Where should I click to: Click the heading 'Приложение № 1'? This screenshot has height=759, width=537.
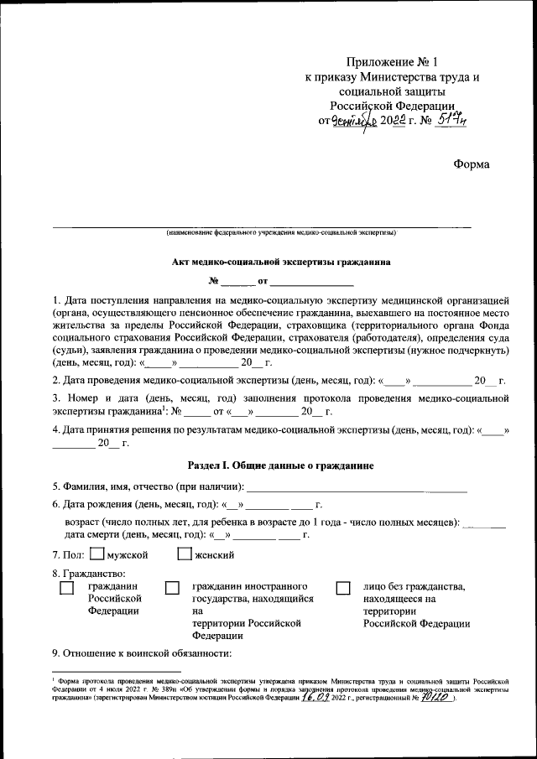click(392, 61)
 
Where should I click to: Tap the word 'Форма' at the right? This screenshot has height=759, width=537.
click(471, 164)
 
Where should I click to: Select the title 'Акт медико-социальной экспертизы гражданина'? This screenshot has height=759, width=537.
click(281, 262)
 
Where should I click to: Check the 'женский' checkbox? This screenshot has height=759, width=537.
click(185, 554)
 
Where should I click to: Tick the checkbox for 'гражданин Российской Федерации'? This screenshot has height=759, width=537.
click(66, 589)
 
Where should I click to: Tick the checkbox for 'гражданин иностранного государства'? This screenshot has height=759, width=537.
click(172, 589)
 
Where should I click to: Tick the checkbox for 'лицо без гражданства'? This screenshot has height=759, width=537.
click(342, 589)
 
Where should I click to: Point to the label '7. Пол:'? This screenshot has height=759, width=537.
click(68, 555)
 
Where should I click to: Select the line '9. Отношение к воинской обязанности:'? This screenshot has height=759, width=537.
click(141, 653)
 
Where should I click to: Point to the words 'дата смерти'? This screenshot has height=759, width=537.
click(91, 533)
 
